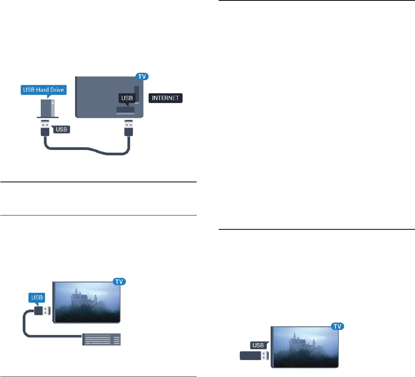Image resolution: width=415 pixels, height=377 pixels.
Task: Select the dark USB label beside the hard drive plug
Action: coord(62,129)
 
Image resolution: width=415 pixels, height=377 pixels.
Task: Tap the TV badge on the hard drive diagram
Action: coord(142,76)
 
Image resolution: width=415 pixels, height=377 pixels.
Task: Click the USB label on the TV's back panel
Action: coord(127,98)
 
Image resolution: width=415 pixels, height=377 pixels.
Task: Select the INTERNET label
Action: coord(166,98)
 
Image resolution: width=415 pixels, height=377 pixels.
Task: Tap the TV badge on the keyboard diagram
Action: coord(119,281)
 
